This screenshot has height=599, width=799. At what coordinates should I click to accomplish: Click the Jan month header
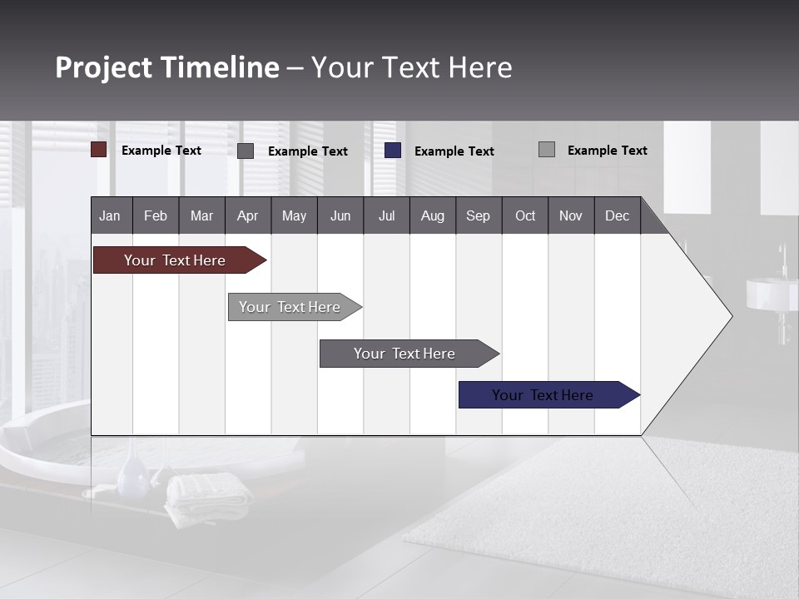[111, 215]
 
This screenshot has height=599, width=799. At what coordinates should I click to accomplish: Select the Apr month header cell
[248, 215]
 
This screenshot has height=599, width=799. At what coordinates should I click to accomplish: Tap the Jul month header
[386, 215]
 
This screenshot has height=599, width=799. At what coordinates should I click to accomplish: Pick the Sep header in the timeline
[479, 215]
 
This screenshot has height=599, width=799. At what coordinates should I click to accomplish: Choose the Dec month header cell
[617, 215]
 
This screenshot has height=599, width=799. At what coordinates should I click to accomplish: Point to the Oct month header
[525, 215]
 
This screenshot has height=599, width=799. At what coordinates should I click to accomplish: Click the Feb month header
[156, 215]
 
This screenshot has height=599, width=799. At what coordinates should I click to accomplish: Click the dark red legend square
[99, 150]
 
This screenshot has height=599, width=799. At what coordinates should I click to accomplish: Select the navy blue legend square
[393, 151]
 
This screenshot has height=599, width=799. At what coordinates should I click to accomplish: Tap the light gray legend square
[547, 150]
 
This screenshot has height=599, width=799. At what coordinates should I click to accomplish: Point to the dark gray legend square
[246, 151]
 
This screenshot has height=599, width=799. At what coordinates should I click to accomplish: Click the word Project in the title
[103, 67]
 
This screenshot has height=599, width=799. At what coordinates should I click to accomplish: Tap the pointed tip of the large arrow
[729, 315]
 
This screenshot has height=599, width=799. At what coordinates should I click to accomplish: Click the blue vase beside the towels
[132, 473]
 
